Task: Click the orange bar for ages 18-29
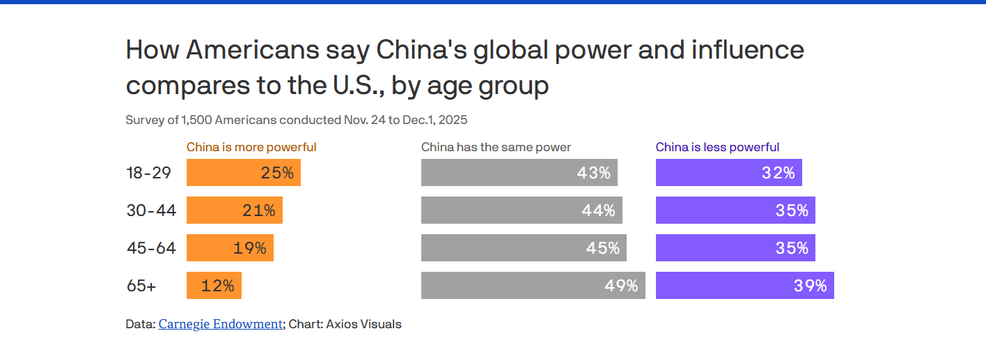point(243,173)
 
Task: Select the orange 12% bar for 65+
point(214,286)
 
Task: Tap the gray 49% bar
point(533,286)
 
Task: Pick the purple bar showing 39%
point(744,286)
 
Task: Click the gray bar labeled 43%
point(519,173)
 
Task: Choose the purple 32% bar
point(728,173)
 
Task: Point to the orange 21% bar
point(234,210)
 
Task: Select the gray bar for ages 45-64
point(524,248)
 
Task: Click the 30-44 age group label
point(151,210)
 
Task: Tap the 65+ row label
point(141,286)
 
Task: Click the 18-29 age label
point(149,173)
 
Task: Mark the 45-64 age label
point(151,248)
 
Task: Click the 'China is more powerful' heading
point(251,147)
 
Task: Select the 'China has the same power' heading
point(496,147)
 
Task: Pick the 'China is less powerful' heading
point(717,147)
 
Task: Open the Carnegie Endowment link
point(221,324)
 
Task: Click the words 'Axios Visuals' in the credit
point(363,324)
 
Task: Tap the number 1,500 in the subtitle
point(196,120)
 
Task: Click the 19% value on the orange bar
point(249,248)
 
